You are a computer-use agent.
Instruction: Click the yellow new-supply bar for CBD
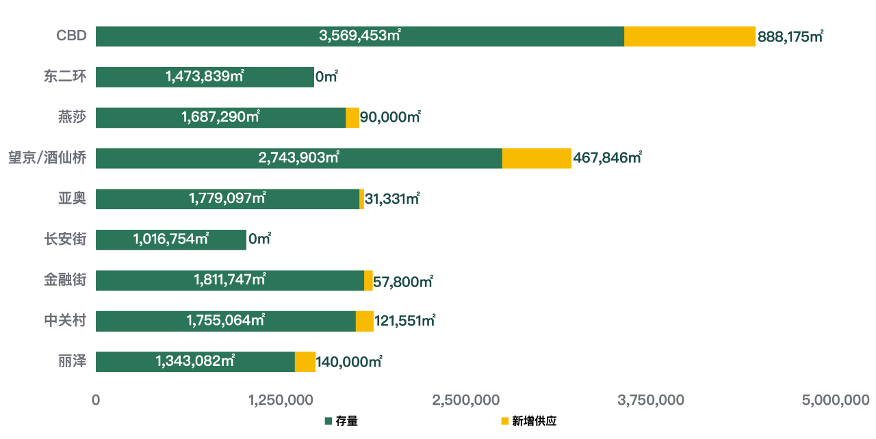(690, 36)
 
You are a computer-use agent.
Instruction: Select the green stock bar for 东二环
(205, 77)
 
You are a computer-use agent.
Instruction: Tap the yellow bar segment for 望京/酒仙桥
(537, 158)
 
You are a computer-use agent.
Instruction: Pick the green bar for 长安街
(170, 239)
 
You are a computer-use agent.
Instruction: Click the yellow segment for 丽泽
(305, 362)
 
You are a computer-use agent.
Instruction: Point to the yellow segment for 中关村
(365, 321)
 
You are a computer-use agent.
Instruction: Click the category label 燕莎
(73, 117)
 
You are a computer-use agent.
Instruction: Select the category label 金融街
(66, 280)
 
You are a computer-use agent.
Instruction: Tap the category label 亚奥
(73, 198)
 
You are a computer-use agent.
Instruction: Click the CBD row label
(71, 36)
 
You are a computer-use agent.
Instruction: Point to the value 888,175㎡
(790, 37)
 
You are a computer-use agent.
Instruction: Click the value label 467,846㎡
(608, 159)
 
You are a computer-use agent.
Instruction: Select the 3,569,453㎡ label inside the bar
(360, 36)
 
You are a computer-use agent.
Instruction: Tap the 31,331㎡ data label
(392, 199)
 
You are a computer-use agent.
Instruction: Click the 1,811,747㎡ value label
(230, 280)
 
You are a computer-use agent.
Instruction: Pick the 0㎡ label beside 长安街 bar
(259, 239)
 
